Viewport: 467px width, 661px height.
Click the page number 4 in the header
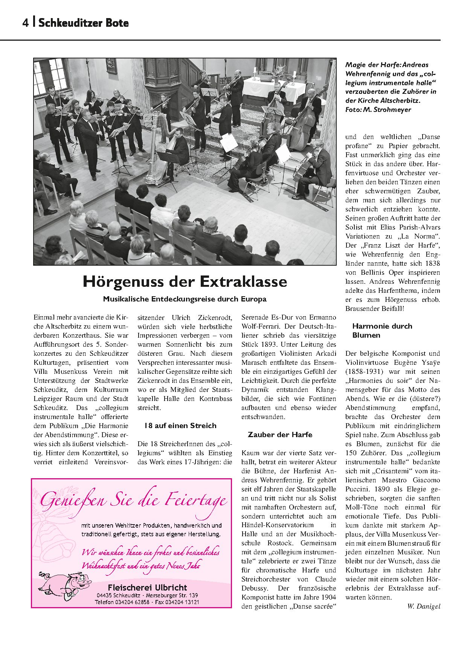point(25,23)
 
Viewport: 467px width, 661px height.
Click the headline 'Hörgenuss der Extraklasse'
point(185,282)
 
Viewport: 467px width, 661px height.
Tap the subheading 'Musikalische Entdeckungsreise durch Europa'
point(185,299)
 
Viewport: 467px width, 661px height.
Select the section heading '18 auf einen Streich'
point(180,426)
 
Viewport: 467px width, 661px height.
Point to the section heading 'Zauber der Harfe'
point(280,435)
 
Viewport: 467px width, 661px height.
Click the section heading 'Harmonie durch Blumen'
point(382,330)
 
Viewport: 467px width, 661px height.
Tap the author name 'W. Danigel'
point(424,606)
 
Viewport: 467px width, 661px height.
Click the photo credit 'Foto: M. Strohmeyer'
point(378,110)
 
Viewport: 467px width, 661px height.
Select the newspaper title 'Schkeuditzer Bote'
point(84,23)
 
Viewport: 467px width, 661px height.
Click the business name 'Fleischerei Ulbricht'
point(147,587)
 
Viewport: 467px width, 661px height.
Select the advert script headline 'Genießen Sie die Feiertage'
point(134,500)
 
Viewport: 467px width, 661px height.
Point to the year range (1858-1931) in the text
point(364,372)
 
